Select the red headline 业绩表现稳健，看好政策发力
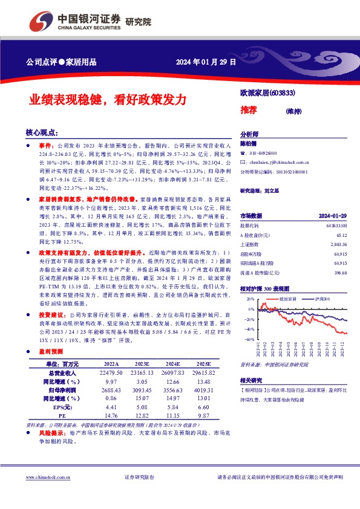tap(109, 100)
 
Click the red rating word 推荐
tap(248, 110)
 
